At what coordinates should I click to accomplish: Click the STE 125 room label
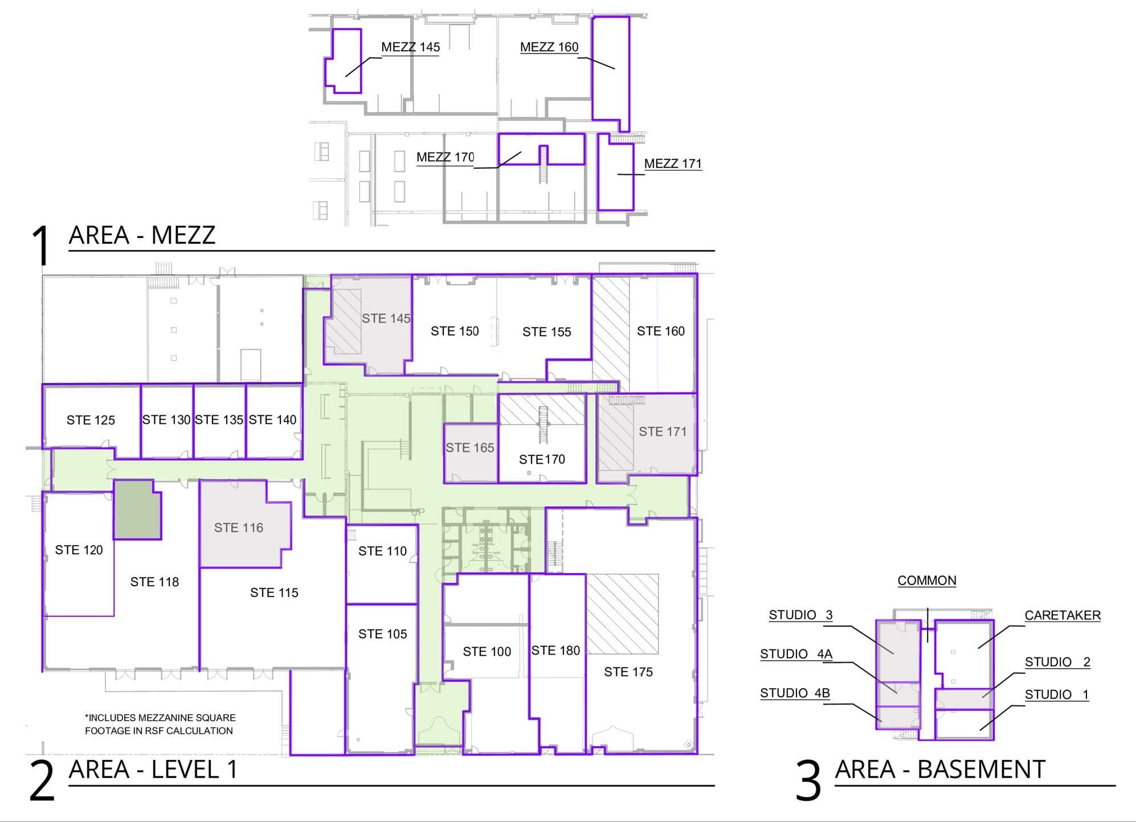click(x=91, y=420)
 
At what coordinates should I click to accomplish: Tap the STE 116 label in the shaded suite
click(x=238, y=528)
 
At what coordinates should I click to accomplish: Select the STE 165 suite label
click(x=469, y=448)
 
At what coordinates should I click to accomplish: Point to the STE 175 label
click(x=628, y=672)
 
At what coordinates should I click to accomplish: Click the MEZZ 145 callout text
click(x=410, y=47)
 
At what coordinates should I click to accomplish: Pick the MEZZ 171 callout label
click(x=672, y=164)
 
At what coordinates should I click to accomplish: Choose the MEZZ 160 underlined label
click(x=549, y=47)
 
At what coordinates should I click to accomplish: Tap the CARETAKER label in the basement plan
click(x=1062, y=616)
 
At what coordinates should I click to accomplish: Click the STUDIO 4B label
click(x=794, y=693)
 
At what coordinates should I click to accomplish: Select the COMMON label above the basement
click(x=926, y=581)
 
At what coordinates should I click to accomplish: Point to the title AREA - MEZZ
click(x=142, y=235)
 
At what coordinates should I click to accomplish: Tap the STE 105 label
click(x=382, y=634)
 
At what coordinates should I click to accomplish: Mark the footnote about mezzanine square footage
click(x=160, y=724)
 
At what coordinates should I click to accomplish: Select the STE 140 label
click(x=272, y=420)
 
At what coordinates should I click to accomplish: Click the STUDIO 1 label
click(x=1056, y=695)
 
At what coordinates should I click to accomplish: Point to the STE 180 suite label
click(x=555, y=651)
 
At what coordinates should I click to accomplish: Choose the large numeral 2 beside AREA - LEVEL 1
click(x=42, y=782)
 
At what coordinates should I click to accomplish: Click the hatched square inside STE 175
click(x=622, y=614)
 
